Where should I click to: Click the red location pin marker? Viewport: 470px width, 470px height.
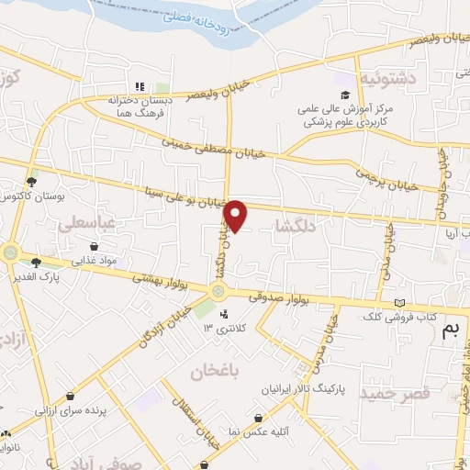click(236, 216)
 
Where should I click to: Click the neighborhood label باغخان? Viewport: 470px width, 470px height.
click(215, 372)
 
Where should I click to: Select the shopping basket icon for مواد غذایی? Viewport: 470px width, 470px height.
click(95, 246)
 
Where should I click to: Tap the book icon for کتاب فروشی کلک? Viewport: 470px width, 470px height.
click(398, 303)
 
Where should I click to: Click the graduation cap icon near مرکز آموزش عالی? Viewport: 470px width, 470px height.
click(345, 95)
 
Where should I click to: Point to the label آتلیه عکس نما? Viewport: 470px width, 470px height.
click(235, 431)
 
